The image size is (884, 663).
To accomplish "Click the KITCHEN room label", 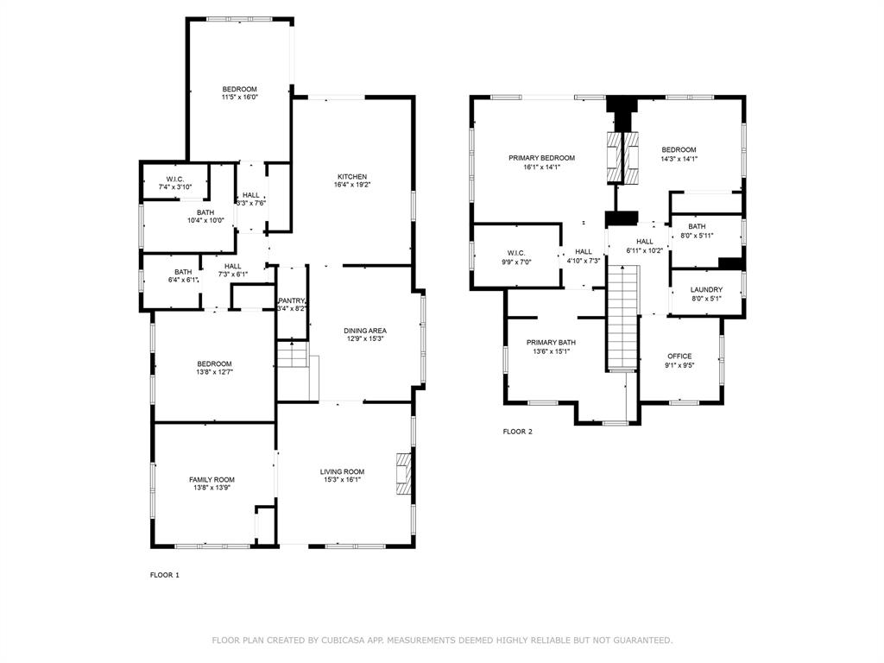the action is pyautogui.click(x=352, y=176).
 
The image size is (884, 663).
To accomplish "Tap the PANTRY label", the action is pyautogui.click(x=292, y=300).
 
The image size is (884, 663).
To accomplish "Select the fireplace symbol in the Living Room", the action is pyautogui.click(x=404, y=474).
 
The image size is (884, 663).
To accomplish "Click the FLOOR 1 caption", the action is pyautogui.click(x=165, y=575).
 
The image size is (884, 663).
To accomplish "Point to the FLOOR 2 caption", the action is pyautogui.click(x=518, y=432).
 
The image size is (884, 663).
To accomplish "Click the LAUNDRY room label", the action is pyautogui.click(x=706, y=290).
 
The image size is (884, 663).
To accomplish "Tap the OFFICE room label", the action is pyautogui.click(x=679, y=357).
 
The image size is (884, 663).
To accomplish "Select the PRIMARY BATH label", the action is pyautogui.click(x=551, y=343).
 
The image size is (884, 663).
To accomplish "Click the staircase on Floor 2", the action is pyautogui.click(x=622, y=319).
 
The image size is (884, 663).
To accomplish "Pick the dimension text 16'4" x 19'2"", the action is pyautogui.click(x=352, y=185).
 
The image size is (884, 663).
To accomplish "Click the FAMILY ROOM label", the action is pyautogui.click(x=212, y=480).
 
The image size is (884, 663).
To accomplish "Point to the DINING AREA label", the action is pyautogui.click(x=365, y=331).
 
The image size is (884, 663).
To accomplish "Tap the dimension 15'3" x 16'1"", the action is pyautogui.click(x=342, y=480).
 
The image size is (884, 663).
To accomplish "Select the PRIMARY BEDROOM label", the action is pyautogui.click(x=542, y=158).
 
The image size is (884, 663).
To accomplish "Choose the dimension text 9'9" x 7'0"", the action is pyautogui.click(x=516, y=262).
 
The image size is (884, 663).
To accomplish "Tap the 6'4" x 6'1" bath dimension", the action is pyautogui.click(x=183, y=281).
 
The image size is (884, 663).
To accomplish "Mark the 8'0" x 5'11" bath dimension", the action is pyautogui.click(x=697, y=236).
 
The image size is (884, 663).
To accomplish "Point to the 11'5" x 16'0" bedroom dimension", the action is pyautogui.click(x=240, y=97).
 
